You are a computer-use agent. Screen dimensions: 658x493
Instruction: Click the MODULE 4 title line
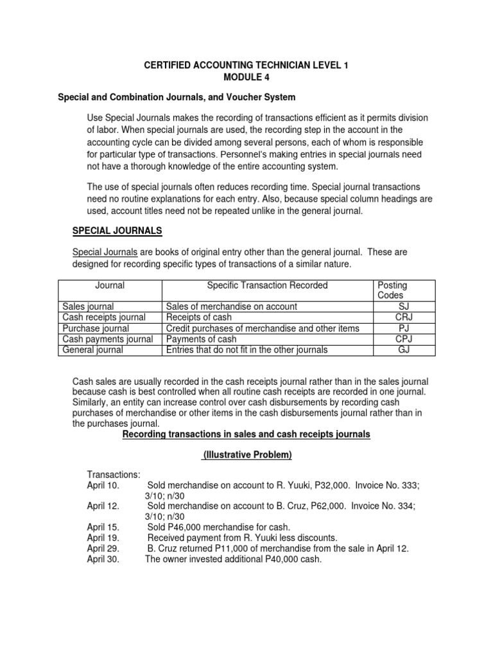pyautogui.click(x=246, y=77)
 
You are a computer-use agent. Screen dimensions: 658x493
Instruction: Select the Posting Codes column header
pyautogui.click(x=392, y=290)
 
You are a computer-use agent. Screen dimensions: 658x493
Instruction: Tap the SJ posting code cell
pyautogui.click(x=404, y=307)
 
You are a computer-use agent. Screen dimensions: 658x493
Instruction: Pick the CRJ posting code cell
pyautogui.click(x=404, y=317)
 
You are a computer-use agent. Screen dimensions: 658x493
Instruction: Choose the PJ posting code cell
pyautogui.click(x=404, y=328)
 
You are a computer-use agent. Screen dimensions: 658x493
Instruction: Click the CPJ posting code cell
pyautogui.click(x=404, y=339)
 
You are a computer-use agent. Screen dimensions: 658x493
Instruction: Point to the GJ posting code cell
pyautogui.click(x=404, y=350)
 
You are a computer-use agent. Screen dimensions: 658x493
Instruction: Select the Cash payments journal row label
pyautogui.click(x=107, y=339)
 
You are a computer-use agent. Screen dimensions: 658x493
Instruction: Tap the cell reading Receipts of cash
pyautogui.click(x=198, y=317)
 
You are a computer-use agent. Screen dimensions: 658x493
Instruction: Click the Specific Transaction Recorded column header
pyautogui.click(x=267, y=285)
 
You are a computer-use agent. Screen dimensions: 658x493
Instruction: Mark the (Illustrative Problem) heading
pyautogui.click(x=246, y=455)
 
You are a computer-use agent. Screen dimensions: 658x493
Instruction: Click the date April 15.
pyautogui.click(x=103, y=527)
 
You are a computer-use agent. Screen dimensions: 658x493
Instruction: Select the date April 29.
pyautogui.click(x=103, y=548)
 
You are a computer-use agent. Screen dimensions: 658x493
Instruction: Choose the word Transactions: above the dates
pyautogui.click(x=114, y=475)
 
